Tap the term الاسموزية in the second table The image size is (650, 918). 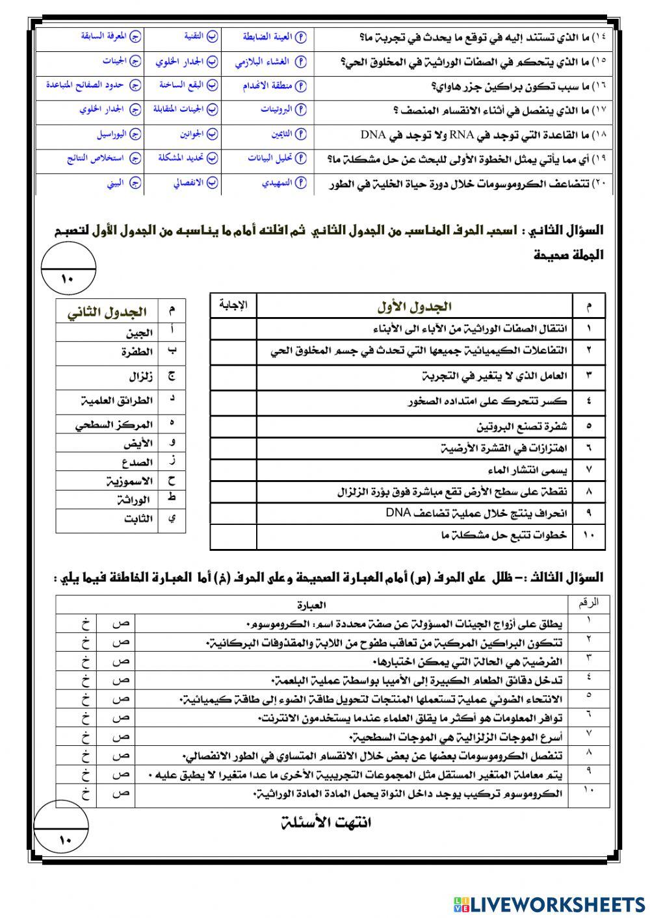pos(129,481)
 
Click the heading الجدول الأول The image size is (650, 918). pos(414,306)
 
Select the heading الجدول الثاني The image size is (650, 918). pos(107,312)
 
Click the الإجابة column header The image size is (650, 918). pos(233,305)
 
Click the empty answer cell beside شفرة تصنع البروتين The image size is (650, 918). pos(233,426)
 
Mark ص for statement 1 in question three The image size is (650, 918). pos(116,623)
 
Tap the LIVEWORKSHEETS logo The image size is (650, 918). pos(545,903)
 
